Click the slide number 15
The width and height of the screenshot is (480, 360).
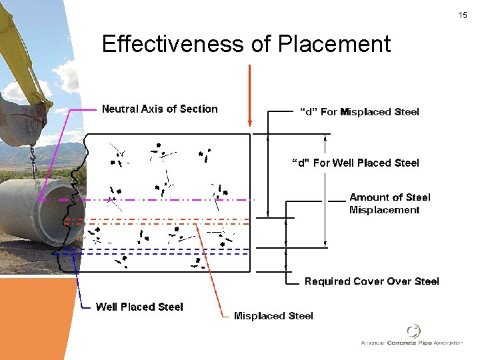pos(463,15)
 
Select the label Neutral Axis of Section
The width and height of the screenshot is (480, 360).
pos(159,109)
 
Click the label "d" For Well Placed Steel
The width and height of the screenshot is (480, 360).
pos(356,163)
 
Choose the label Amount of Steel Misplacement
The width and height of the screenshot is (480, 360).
pos(389,203)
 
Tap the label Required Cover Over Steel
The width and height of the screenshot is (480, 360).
pos(371,281)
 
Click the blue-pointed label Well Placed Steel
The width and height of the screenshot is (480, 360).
pos(139,307)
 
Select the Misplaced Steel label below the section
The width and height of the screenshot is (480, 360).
pos(273,315)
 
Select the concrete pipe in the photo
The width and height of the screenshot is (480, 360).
pos(40,213)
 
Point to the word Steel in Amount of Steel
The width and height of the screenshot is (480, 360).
pos(417,197)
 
